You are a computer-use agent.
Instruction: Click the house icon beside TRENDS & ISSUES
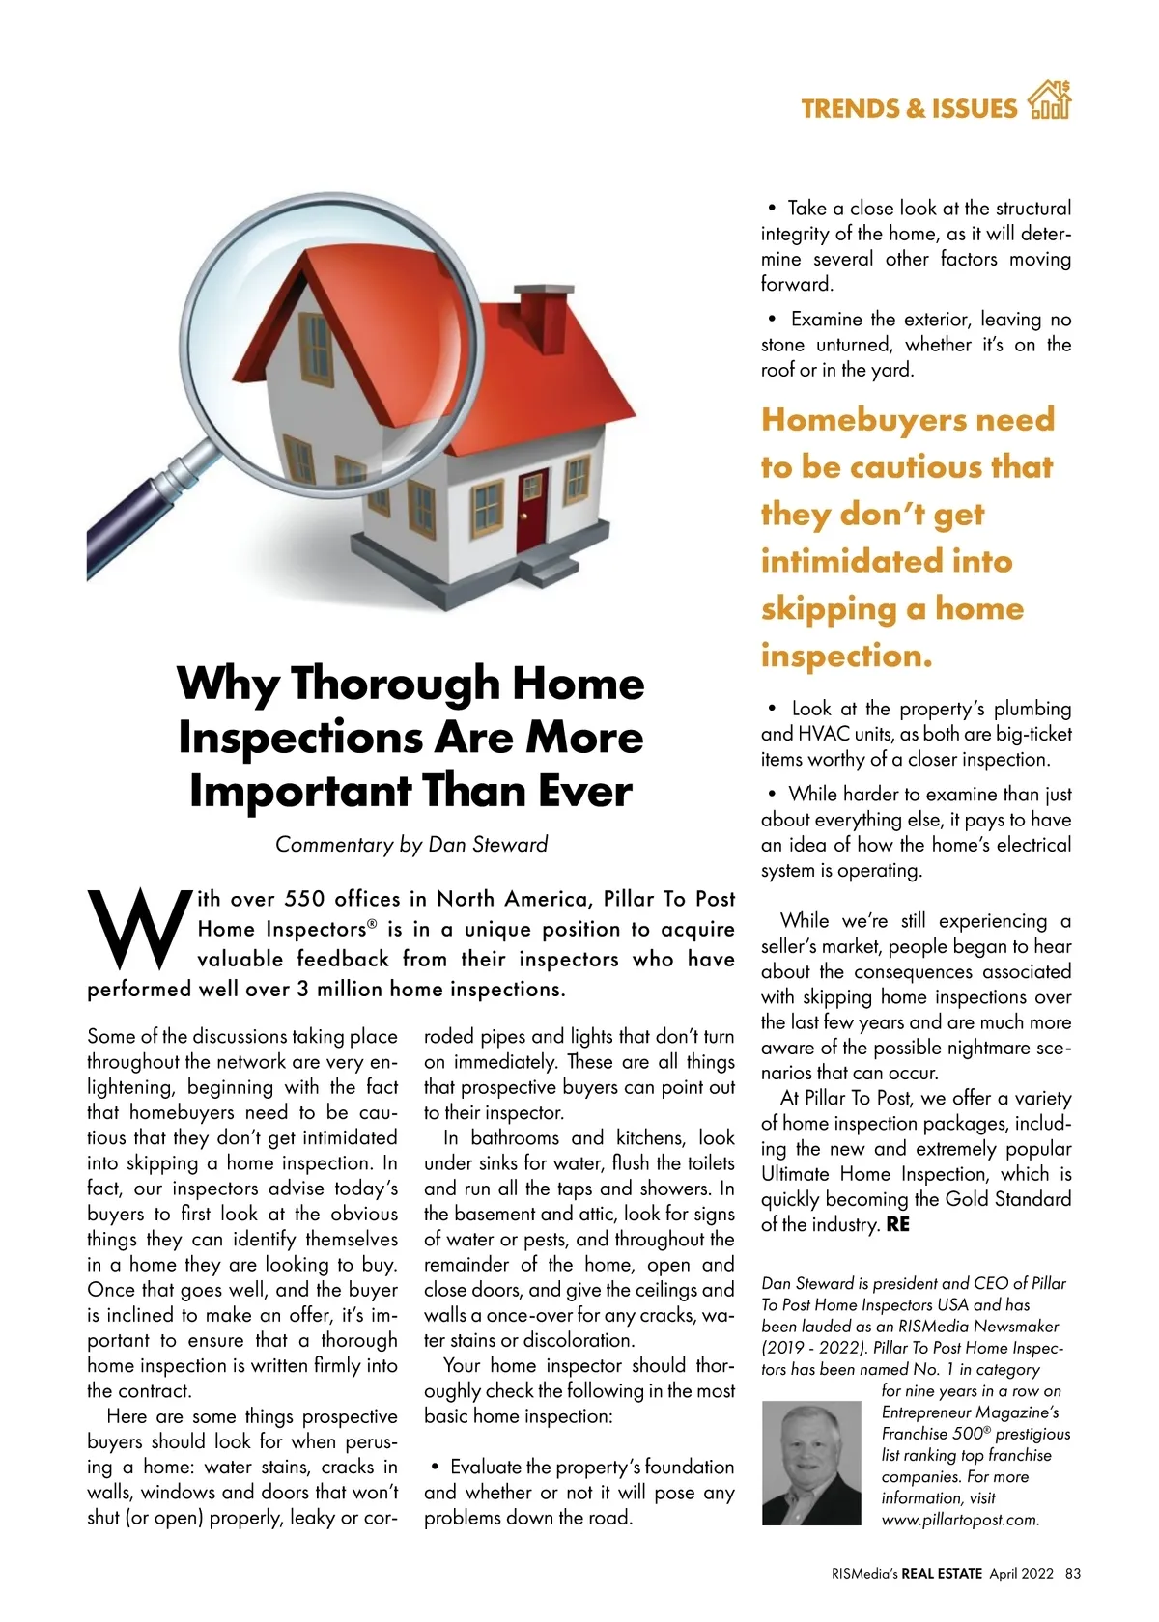1050,100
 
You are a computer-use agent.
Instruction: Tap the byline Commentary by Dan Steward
411,845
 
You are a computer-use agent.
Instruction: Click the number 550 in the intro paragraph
304,899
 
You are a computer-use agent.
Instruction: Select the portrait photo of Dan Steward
810,1463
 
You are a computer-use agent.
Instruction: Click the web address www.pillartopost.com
960,1520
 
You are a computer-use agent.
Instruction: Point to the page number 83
1072,1573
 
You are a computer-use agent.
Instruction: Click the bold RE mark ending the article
897,1225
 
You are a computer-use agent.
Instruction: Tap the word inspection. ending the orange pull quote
846,657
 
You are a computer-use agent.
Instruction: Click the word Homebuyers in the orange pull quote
853,420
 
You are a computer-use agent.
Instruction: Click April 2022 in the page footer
1021,1573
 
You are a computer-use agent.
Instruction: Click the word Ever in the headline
584,792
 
